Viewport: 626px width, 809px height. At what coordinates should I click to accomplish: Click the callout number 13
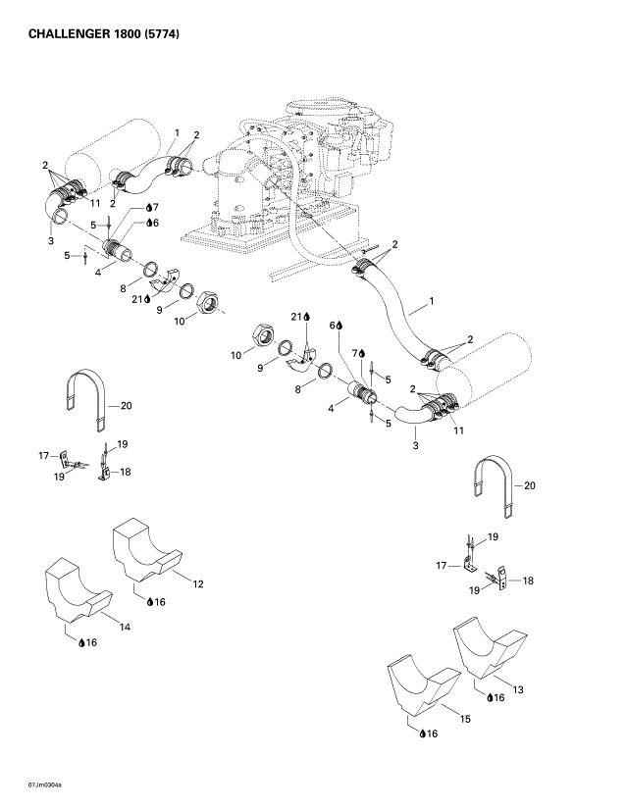click(518, 690)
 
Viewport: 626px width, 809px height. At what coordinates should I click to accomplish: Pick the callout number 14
click(125, 625)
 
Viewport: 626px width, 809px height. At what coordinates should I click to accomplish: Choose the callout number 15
click(465, 719)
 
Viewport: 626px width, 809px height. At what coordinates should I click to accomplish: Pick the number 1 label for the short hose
click(177, 131)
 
